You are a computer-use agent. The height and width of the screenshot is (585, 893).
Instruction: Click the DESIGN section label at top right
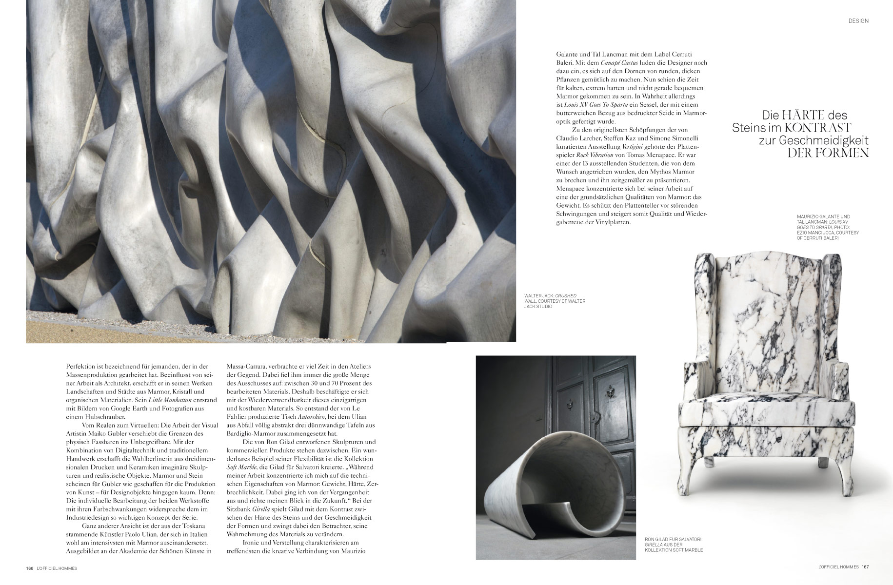(858, 21)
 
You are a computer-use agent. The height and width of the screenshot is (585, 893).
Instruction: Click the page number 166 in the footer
(29, 568)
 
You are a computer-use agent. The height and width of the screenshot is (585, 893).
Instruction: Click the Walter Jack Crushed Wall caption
(554, 301)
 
